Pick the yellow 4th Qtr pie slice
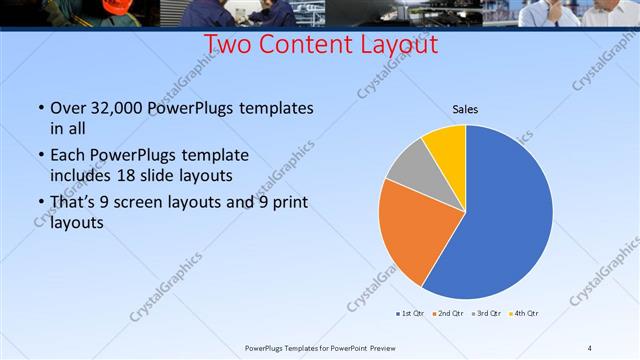coord(446,146)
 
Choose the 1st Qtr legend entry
coord(410,314)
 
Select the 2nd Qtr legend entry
coord(449,314)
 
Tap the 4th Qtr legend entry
coord(525,314)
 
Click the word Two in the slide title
coord(228,45)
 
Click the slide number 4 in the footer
coord(589,347)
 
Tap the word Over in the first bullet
coord(67,108)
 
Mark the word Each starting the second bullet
coord(66,156)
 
